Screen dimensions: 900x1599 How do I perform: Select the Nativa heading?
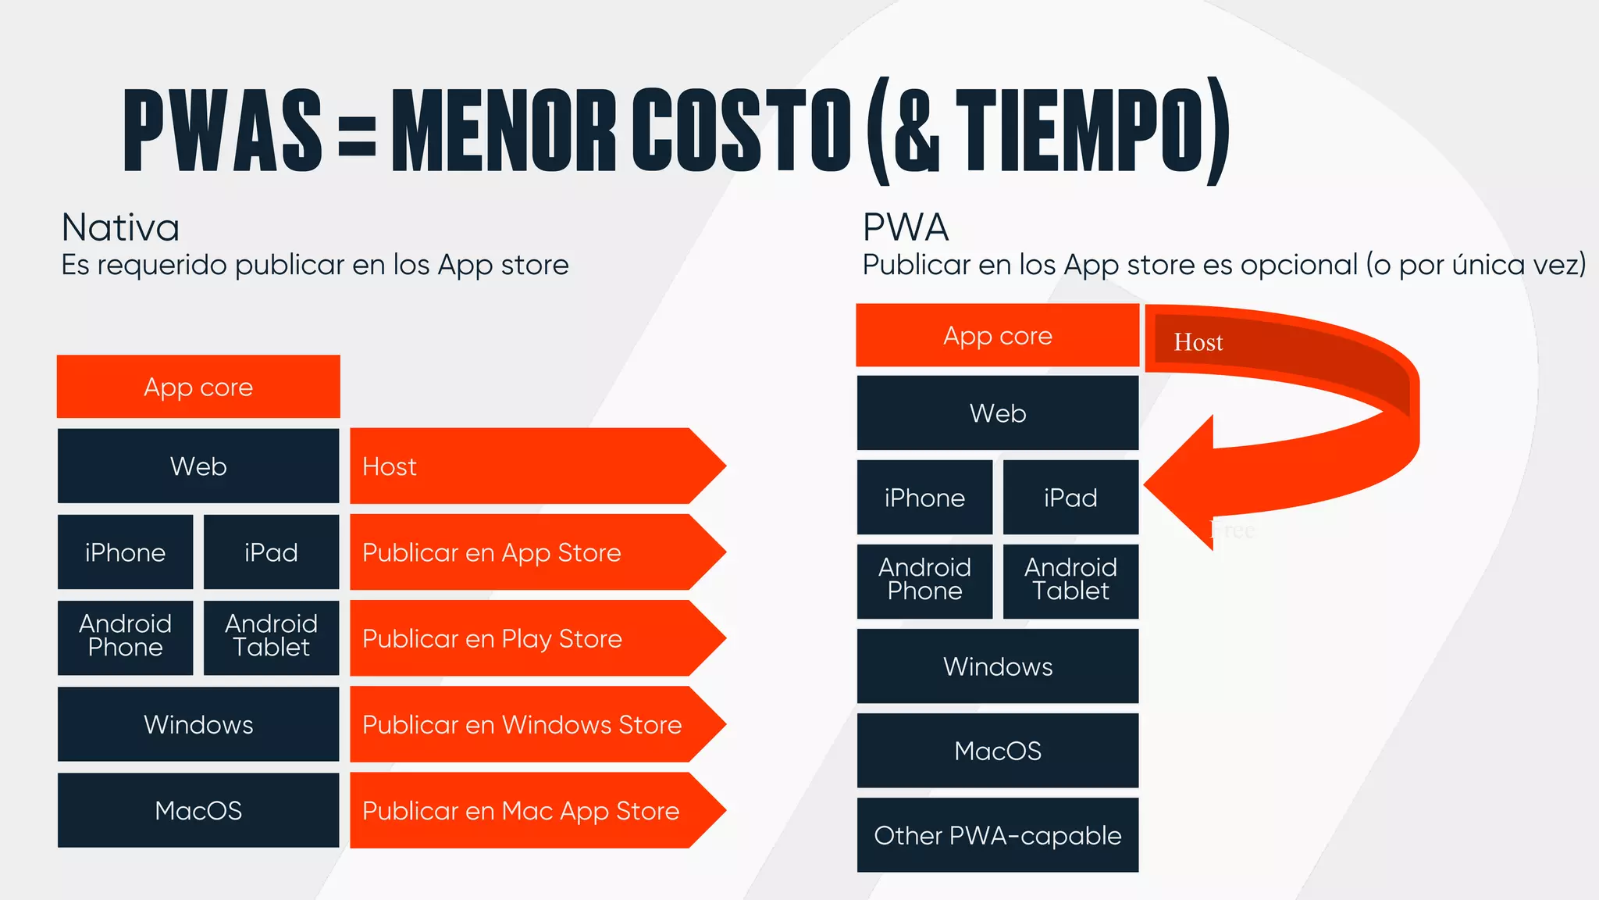pyautogui.click(x=120, y=228)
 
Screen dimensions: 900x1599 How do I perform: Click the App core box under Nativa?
pyautogui.click(x=198, y=387)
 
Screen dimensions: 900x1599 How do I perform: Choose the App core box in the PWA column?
pyautogui.click(x=997, y=336)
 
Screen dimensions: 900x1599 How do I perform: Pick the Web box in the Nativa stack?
pyautogui.click(x=198, y=466)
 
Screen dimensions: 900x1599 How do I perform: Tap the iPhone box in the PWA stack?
pyautogui.click(x=924, y=498)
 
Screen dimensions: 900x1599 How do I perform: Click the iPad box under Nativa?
pyautogui.click(x=271, y=552)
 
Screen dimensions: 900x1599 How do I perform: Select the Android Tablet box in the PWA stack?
pyautogui.click(x=1070, y=579)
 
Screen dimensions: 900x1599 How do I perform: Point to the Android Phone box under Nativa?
pyautogui.click(x=125, y=635)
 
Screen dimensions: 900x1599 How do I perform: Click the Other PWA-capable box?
pyautogui.click(x=997, y=835)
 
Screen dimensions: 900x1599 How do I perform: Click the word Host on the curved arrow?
pyautogui.click(x=1198, y=342)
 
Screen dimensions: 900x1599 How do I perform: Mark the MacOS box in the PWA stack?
pyautogui.click(x=997, y=751)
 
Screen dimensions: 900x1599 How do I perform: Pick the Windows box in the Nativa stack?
pyautogui.click(x=198, y=724)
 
